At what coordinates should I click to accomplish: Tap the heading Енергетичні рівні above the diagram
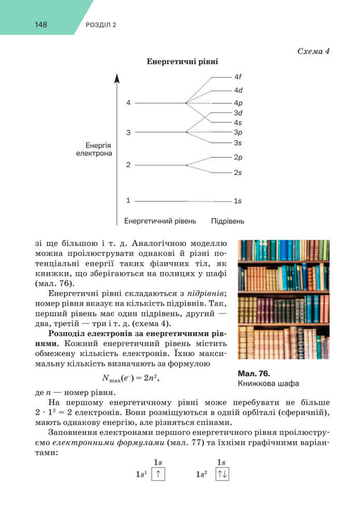[182, 61]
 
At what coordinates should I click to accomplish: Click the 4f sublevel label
[238, 77]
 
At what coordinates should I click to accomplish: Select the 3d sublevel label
[238, 112]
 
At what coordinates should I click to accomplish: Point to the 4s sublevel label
[238, 123]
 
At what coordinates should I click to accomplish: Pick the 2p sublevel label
[238, 157]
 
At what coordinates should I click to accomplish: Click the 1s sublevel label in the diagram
[238, 200]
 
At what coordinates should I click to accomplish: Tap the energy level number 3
[128, 133]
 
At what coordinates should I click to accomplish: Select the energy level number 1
[128, 200]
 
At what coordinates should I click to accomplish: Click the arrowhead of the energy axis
[117, 78]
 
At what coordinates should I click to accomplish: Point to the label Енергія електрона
[98, 150]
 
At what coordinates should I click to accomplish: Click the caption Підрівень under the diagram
[227, 221]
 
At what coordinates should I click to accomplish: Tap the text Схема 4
[314, 51]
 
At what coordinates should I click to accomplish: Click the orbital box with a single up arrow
[158, 474]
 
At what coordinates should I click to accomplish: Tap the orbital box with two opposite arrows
[221, 474]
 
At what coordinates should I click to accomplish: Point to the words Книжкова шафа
[268, 384]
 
